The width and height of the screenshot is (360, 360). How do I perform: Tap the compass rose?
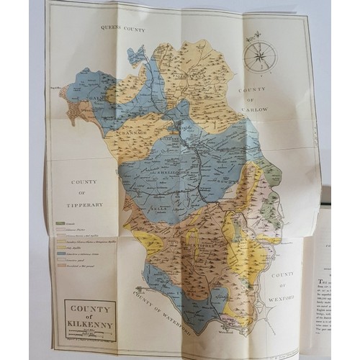[258, 55]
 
